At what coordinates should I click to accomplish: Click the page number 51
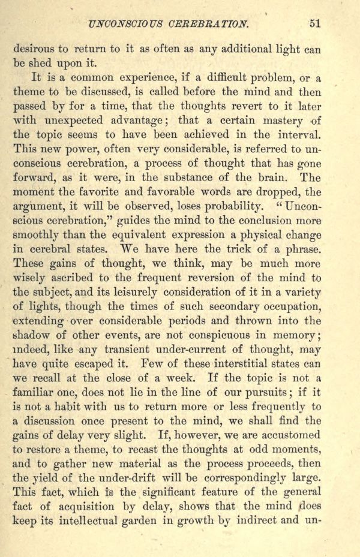pyautogui.click(x=316, y=25)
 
